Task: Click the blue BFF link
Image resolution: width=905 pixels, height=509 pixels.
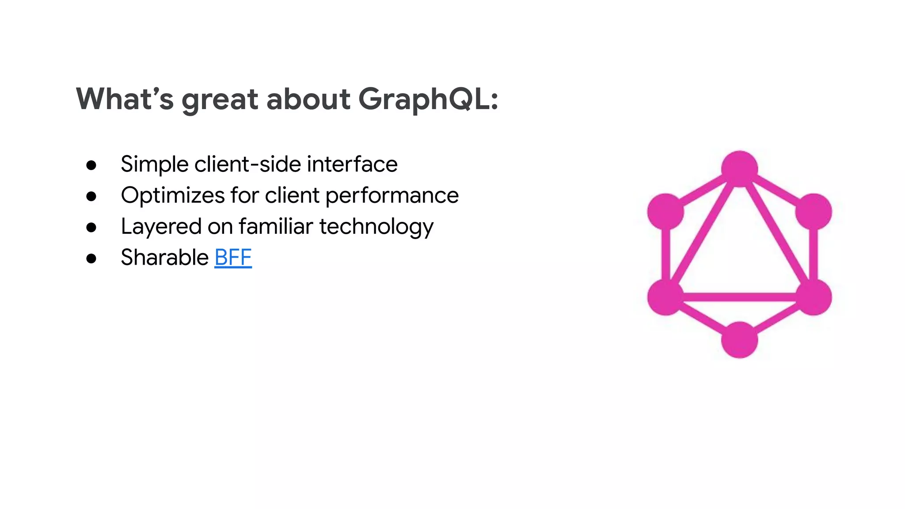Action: click(x=233, y=258)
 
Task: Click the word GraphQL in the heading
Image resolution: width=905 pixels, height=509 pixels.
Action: click(x=428, y=99)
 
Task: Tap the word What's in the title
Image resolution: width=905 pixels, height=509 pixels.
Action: click(x=125, y=99)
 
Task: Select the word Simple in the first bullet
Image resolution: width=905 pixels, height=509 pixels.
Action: click(x=154, y=164)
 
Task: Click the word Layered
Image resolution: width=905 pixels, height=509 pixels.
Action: click(x=161, y=227)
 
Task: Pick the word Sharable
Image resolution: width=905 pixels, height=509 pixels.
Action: click(x=164, y=258)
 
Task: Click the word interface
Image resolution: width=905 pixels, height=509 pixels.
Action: click(x=352, y=164)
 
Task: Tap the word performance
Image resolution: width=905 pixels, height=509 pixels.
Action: click(x=392, y=196)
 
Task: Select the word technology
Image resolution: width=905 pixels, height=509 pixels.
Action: click(x=376, y=227)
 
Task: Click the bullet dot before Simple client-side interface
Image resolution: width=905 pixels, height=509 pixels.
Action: click(x=91, y=165)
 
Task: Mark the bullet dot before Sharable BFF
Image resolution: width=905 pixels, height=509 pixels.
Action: click(x=91, y=258)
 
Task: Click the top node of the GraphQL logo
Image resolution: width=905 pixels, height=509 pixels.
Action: click(x=739, y=169)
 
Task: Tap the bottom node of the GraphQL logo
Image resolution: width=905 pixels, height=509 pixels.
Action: click(x=739, y=340)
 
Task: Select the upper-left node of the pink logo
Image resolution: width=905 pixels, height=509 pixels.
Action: click(x=665, y=212)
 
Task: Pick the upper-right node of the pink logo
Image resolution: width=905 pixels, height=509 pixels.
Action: click(x=813, y=212)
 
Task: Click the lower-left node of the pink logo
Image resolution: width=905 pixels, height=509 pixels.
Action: click(x=665, y=297)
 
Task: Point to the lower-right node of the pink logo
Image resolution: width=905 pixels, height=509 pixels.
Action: click(x=813, y=297)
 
